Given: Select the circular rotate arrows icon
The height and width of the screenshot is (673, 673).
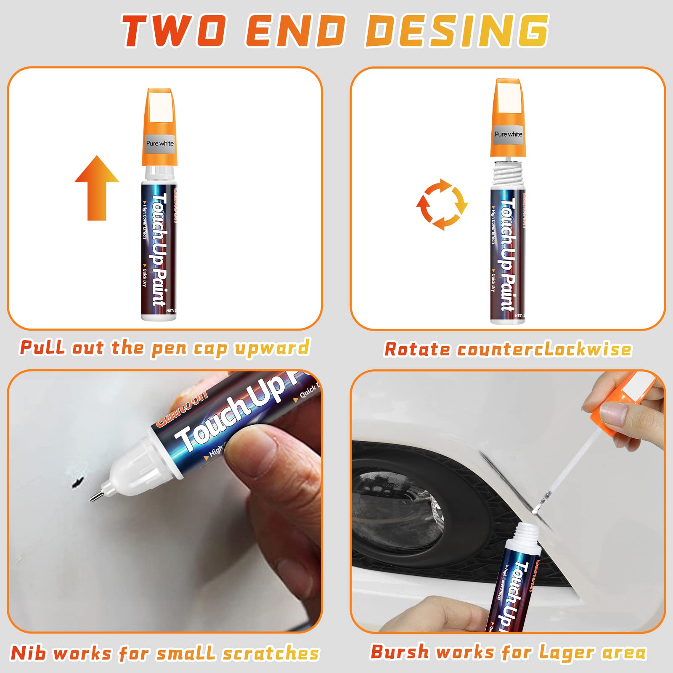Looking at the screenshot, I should (x=442, y=204).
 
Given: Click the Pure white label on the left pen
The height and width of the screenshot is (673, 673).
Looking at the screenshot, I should (x=159, y=143).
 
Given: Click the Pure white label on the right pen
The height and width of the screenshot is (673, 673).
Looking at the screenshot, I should (x=508, y=134).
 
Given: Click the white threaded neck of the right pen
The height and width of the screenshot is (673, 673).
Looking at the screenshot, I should (x=508, y=172).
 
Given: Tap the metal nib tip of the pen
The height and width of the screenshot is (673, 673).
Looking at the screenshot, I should (x=95, y=497).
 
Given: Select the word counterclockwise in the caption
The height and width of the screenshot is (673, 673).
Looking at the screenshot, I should (x=544, y=350).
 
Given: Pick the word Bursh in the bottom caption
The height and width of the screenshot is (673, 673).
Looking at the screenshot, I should (x=399, y=652).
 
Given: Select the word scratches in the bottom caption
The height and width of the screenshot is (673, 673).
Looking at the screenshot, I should (x=271, y=653).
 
